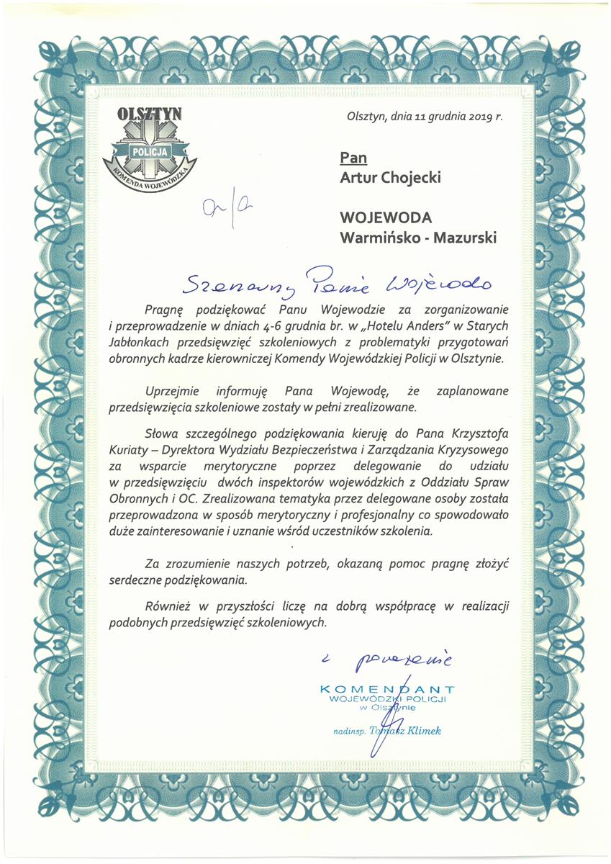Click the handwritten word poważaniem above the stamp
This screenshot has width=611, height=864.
pos(407,657)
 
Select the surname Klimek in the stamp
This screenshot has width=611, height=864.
pos(421,732)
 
